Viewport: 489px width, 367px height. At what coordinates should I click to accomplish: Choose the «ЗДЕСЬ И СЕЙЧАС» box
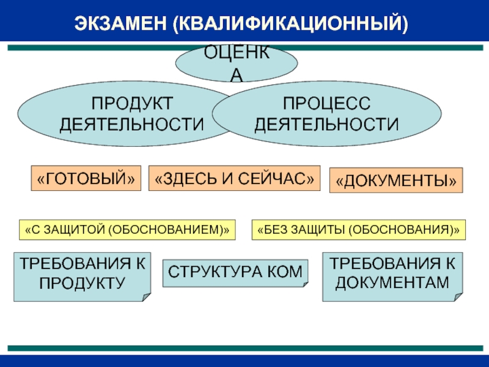pyautogui.click(x=234, y=178)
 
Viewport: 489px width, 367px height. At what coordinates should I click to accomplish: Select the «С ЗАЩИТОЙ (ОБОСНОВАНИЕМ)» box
pyautogui.click(x=127, y=229)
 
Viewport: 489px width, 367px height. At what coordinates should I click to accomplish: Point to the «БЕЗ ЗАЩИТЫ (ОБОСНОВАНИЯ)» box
pyautogui.click(x=358, y=229)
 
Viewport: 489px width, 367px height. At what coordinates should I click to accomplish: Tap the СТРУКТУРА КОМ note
pyautogui.click(x=235, y=272)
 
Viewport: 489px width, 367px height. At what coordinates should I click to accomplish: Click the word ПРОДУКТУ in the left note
pyautogui.click(x=81, y=283)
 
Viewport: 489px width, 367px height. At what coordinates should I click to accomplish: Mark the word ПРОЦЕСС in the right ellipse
pyautogui.click(x=326, y=102)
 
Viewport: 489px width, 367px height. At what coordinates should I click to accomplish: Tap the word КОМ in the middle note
pyautogui.click(x=287, y=272)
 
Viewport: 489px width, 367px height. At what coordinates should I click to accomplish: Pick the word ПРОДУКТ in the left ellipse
pyautogui.click(x=132, y=102)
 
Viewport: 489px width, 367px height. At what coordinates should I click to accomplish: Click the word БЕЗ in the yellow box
pyautogui.click(x=271, y=229)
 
